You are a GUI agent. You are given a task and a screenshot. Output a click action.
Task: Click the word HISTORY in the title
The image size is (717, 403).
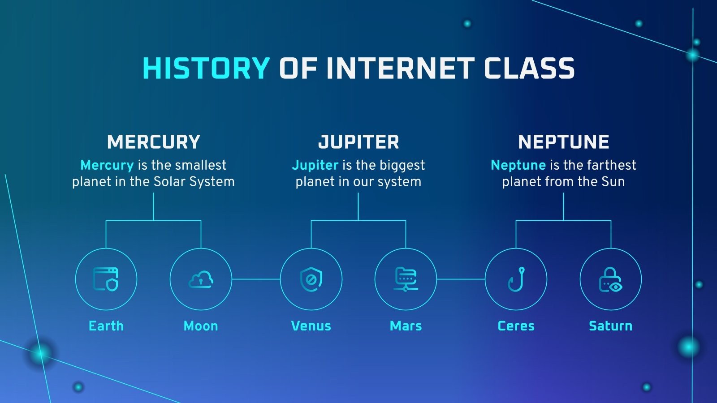pos(206,69)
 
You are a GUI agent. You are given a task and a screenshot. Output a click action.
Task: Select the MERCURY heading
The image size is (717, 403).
pos(154,142)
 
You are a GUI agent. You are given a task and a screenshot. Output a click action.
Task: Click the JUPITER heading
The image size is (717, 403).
pos(358,142)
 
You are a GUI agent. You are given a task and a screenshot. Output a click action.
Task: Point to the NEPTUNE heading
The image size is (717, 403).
pos(563,142)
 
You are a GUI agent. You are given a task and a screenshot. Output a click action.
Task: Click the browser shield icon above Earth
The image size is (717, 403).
pos(106,279)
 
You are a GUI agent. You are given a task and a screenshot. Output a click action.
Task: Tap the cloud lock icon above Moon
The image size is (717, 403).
pos(201,279)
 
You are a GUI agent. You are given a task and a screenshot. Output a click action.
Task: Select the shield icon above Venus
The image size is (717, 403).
pos(311,279)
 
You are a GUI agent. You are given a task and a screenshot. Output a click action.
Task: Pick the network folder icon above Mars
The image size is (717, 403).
pos(406,279)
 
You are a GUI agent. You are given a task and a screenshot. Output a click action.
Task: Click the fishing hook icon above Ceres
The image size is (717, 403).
pos(516,279)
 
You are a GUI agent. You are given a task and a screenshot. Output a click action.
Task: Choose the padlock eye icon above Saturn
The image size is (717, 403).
pos(610,279)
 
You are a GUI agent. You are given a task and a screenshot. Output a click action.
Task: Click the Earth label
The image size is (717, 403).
pos(106,326)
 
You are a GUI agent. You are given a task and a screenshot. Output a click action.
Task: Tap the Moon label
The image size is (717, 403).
pos(201,326)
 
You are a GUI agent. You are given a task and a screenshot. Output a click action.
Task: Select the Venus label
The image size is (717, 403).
pos(311,326)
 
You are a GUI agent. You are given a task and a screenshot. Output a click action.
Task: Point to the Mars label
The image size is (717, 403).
pos(406,326)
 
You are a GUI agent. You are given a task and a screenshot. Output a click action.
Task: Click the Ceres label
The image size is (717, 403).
pos(516,326)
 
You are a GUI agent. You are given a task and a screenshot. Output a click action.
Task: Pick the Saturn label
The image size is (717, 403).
pos(610,326)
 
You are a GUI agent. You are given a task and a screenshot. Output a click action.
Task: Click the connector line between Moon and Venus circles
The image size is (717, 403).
pos(256,279)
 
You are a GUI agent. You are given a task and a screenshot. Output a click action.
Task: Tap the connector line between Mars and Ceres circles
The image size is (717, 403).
pos(461,279)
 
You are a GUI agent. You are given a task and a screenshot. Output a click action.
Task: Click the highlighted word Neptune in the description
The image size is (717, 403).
pos(518,165)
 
